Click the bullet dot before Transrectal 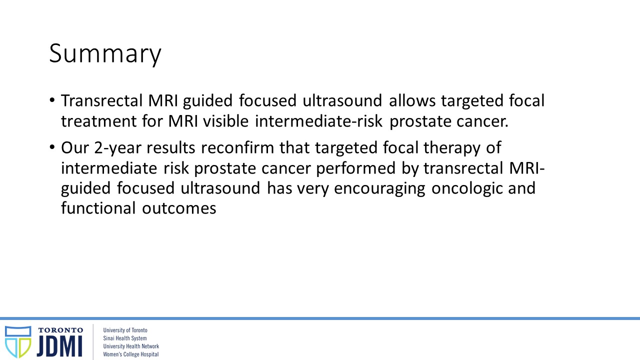[x=52, y=100]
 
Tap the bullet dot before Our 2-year [x=52, y=147]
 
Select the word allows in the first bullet [x=412, y=100]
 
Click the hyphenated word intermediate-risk [x=318, y=121]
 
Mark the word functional [x=98, y=207]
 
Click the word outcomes [x=179, y=208]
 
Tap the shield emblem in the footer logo [x=18, y=342]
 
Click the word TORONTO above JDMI [x=61, y=330]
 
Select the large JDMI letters [x=59, y=346]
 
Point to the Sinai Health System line [x=125, y=338]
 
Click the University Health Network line [x=131, y=346]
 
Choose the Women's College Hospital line [x=131, y=354]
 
